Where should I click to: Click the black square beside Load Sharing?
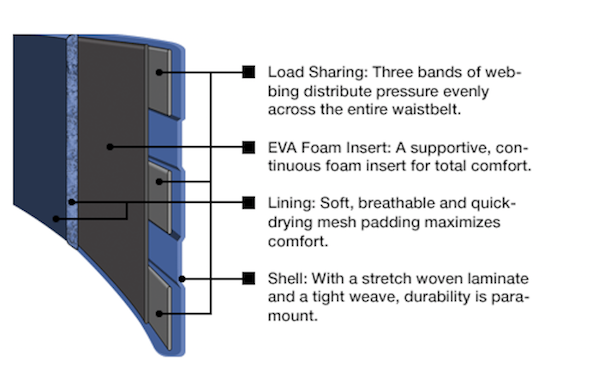tap(249, 72)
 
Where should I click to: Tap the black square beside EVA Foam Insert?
tap(249, 147)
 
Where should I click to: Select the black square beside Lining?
tap(249, 203)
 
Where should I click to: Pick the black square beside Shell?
tap(249, 278)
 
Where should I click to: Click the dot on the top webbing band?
tap(159, 72)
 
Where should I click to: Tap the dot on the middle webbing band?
tap(159, 182)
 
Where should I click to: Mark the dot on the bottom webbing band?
tap(159, 314)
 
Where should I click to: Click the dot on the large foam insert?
tap(110, 147)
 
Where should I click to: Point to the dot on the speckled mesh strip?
tap(72, 202)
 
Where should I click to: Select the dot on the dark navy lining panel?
tap(56, 219)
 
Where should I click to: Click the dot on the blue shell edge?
tap(182, 279)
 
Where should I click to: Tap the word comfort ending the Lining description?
tap(298, 242)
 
